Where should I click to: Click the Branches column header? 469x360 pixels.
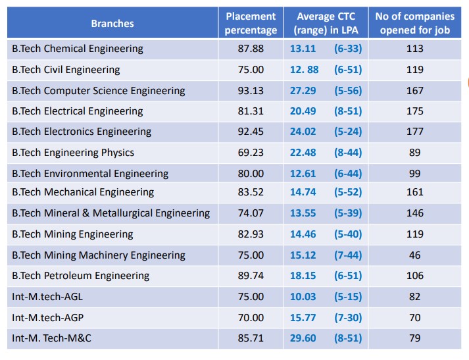coord(112,23)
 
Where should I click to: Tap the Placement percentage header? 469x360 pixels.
coord(251,23)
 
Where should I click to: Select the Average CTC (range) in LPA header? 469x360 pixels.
coord(325,23)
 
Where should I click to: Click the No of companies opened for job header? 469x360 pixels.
coord(414,23)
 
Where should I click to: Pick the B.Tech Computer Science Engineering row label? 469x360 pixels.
coord(99,90)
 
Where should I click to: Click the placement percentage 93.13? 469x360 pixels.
coord(251,90)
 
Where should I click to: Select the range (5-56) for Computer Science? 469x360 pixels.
coord(347,90)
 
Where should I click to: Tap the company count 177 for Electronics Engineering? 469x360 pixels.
coord(414,132)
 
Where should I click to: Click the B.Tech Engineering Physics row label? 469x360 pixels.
coord(73,153)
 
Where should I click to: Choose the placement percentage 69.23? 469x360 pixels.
coord(251,153)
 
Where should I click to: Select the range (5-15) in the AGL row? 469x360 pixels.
coord(347,297)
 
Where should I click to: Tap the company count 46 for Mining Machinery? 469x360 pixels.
coord(414,255)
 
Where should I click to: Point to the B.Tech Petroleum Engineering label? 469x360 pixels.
coord(81,276)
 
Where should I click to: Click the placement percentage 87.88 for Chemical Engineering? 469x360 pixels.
coord(251,49)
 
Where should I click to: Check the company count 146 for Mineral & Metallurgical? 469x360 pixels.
coord(414,213)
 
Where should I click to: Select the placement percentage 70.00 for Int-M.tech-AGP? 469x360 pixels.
coord(251,318)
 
